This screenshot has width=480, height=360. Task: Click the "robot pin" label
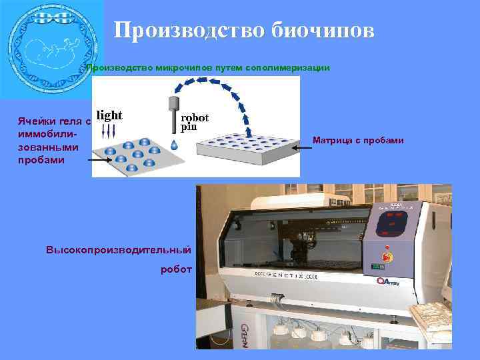194,122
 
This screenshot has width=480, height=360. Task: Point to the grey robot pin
174,113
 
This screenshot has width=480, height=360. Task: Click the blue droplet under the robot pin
174,143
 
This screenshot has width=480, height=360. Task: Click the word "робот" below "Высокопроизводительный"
176,269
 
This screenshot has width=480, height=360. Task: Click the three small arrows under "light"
109,131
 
